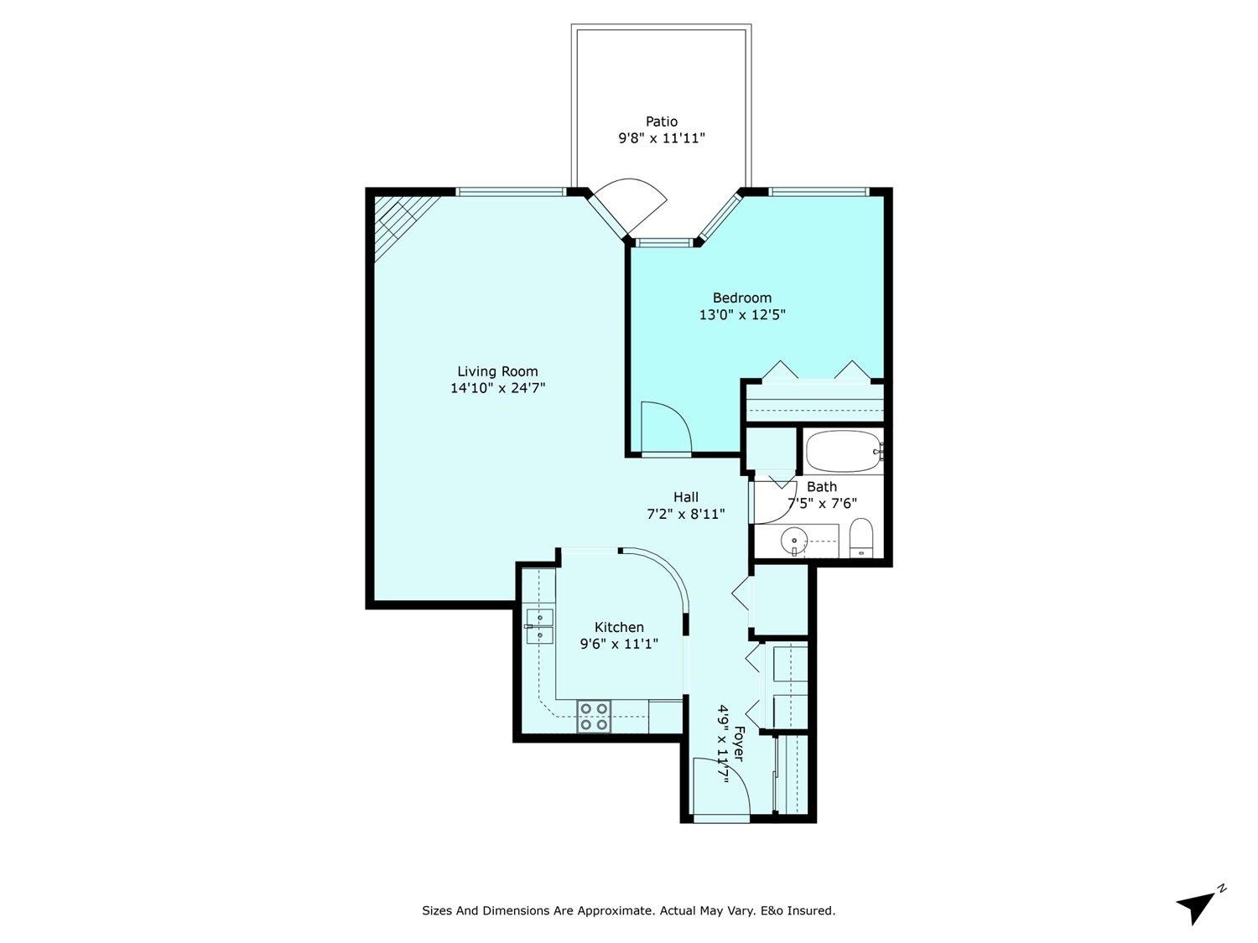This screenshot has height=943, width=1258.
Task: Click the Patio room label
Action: (x=661, y=122)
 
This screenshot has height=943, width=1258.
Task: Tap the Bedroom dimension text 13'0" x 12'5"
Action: (x=741, y=315)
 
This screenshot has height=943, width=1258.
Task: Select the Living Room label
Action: (x=497, y=371)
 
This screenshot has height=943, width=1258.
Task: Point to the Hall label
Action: (x=685, y=497)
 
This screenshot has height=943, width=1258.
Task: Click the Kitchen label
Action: (x=619, y=627)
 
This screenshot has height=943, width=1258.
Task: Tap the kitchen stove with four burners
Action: (x=593, y=718)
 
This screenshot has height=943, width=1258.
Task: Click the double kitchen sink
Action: (x=538, y=626)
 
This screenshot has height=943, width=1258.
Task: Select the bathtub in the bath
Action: (x=843, y=453)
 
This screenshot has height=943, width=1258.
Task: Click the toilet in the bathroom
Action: (x=861, y=537)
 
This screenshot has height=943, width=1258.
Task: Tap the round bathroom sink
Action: (x=793, y=540)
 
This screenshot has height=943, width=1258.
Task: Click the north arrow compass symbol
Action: (x=1198, y=905)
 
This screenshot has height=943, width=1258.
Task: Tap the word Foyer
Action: (x=738, y=744)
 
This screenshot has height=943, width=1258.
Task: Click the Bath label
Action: (x=821, y=486)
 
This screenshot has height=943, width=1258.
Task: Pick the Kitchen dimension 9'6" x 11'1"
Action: (x=619, y=644)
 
